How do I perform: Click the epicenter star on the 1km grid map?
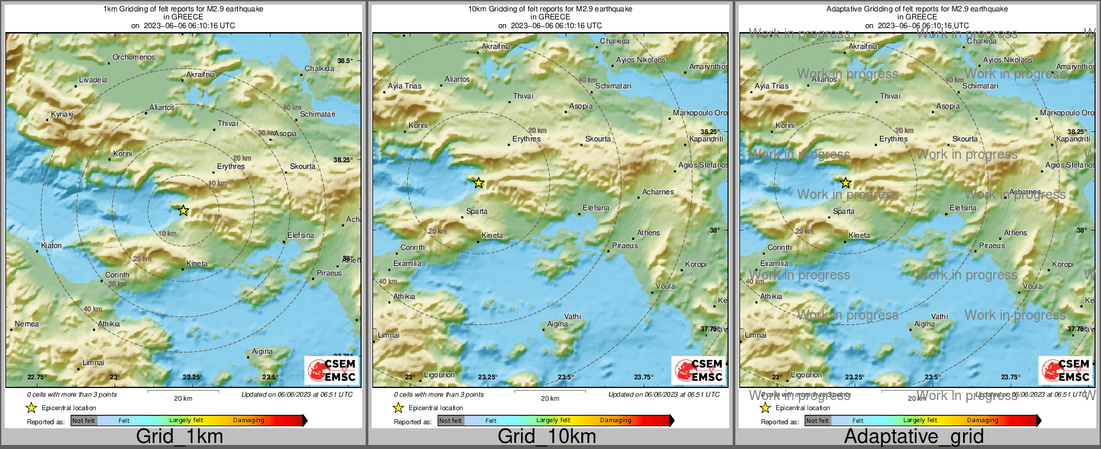(183, 210)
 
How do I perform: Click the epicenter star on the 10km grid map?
(478, 183)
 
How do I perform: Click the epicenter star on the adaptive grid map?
(845, 183)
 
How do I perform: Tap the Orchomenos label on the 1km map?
(133, 58)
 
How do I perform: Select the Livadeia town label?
(92, 80)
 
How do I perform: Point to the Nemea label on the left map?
(27, 324)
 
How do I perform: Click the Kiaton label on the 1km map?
(51, 246)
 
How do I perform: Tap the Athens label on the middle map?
(648, 233)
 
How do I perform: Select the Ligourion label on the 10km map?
(439, 375)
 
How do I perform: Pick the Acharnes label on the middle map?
(658, 192)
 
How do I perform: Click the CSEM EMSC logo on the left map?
(332, 370)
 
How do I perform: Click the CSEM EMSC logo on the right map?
(1066, 370)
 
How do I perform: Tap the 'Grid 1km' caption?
(179, 437)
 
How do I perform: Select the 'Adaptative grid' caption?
(913, 437)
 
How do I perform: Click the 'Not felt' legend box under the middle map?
(450, 421)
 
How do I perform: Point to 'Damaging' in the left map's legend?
(248, 421)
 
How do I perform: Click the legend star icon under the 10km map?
(398, 407)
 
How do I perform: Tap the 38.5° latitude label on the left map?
(344, 61)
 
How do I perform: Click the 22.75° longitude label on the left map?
(36, 377)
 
